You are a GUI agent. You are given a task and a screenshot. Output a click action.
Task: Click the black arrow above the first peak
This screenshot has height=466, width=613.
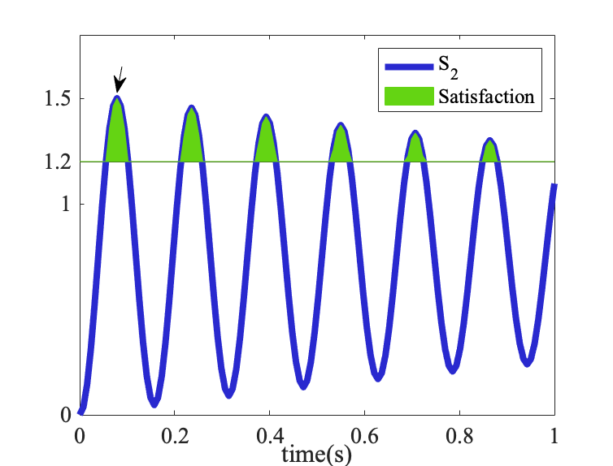pyautogui.click(x=120, y=80)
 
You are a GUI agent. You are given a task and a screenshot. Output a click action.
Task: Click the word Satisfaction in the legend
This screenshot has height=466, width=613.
pyautogui.click(x=486, y=97)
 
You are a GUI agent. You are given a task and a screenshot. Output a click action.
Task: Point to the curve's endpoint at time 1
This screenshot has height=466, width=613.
pyautogui.click(x=554, y=187)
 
